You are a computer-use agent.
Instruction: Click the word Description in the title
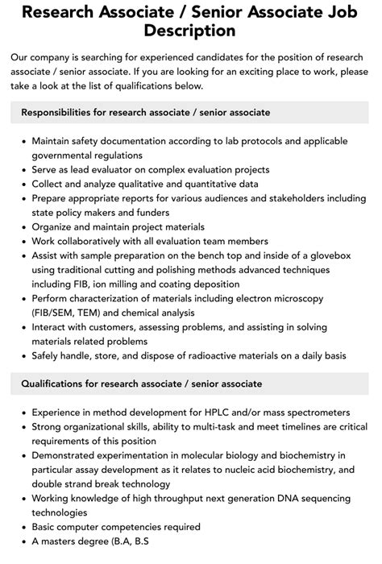click(x=191, y=31)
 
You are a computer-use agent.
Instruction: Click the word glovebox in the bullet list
click(x=333, y=257)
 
